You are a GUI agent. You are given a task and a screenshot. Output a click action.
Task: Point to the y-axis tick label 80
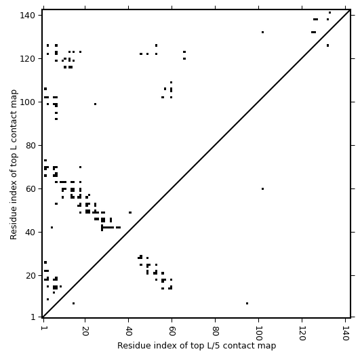[x=31, y=146]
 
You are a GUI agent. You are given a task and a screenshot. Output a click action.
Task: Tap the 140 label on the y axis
[x=28, y=16]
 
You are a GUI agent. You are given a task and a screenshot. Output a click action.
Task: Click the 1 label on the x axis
[x=43, y=329]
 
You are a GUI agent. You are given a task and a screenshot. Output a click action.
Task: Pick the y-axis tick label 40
[x=31, y=233]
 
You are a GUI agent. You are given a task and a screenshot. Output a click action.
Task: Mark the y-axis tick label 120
[x=28, y=59]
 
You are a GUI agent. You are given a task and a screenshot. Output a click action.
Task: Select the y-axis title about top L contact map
[x=14, y=165]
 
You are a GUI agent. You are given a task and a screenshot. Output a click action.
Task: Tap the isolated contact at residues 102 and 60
[x=262, y=188]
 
